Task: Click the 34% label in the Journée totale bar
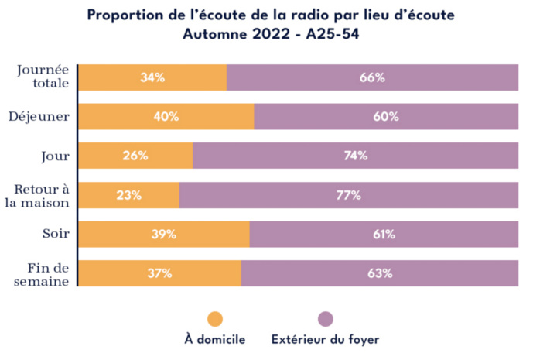coord(152,77)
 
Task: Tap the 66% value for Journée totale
coord(372,77)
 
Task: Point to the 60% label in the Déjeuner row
coord(385,117)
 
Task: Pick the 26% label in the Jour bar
coord(135,156)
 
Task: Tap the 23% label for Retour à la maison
coord(128,195)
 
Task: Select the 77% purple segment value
coord(348,195)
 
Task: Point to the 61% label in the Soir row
coord(383,235)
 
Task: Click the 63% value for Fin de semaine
coord(379,273)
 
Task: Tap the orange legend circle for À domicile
coord(215,318)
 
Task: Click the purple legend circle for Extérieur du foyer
coord(325,318)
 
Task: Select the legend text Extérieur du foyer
coord(325,339)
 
